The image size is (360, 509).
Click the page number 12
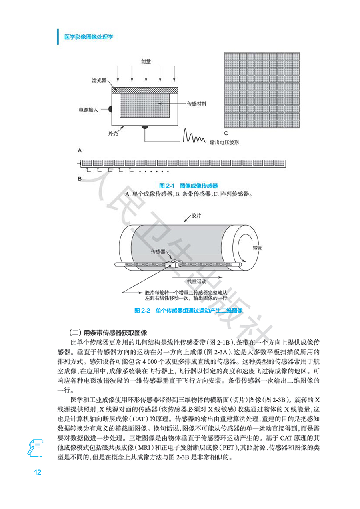(38, 472)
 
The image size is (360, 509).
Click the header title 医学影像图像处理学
(89, 37)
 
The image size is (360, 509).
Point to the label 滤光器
(99, 81)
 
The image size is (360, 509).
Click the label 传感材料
(197, 103)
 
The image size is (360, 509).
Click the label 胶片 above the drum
(196, 216)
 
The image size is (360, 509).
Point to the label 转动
(258, 248)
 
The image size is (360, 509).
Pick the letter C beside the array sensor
(226, 133)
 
